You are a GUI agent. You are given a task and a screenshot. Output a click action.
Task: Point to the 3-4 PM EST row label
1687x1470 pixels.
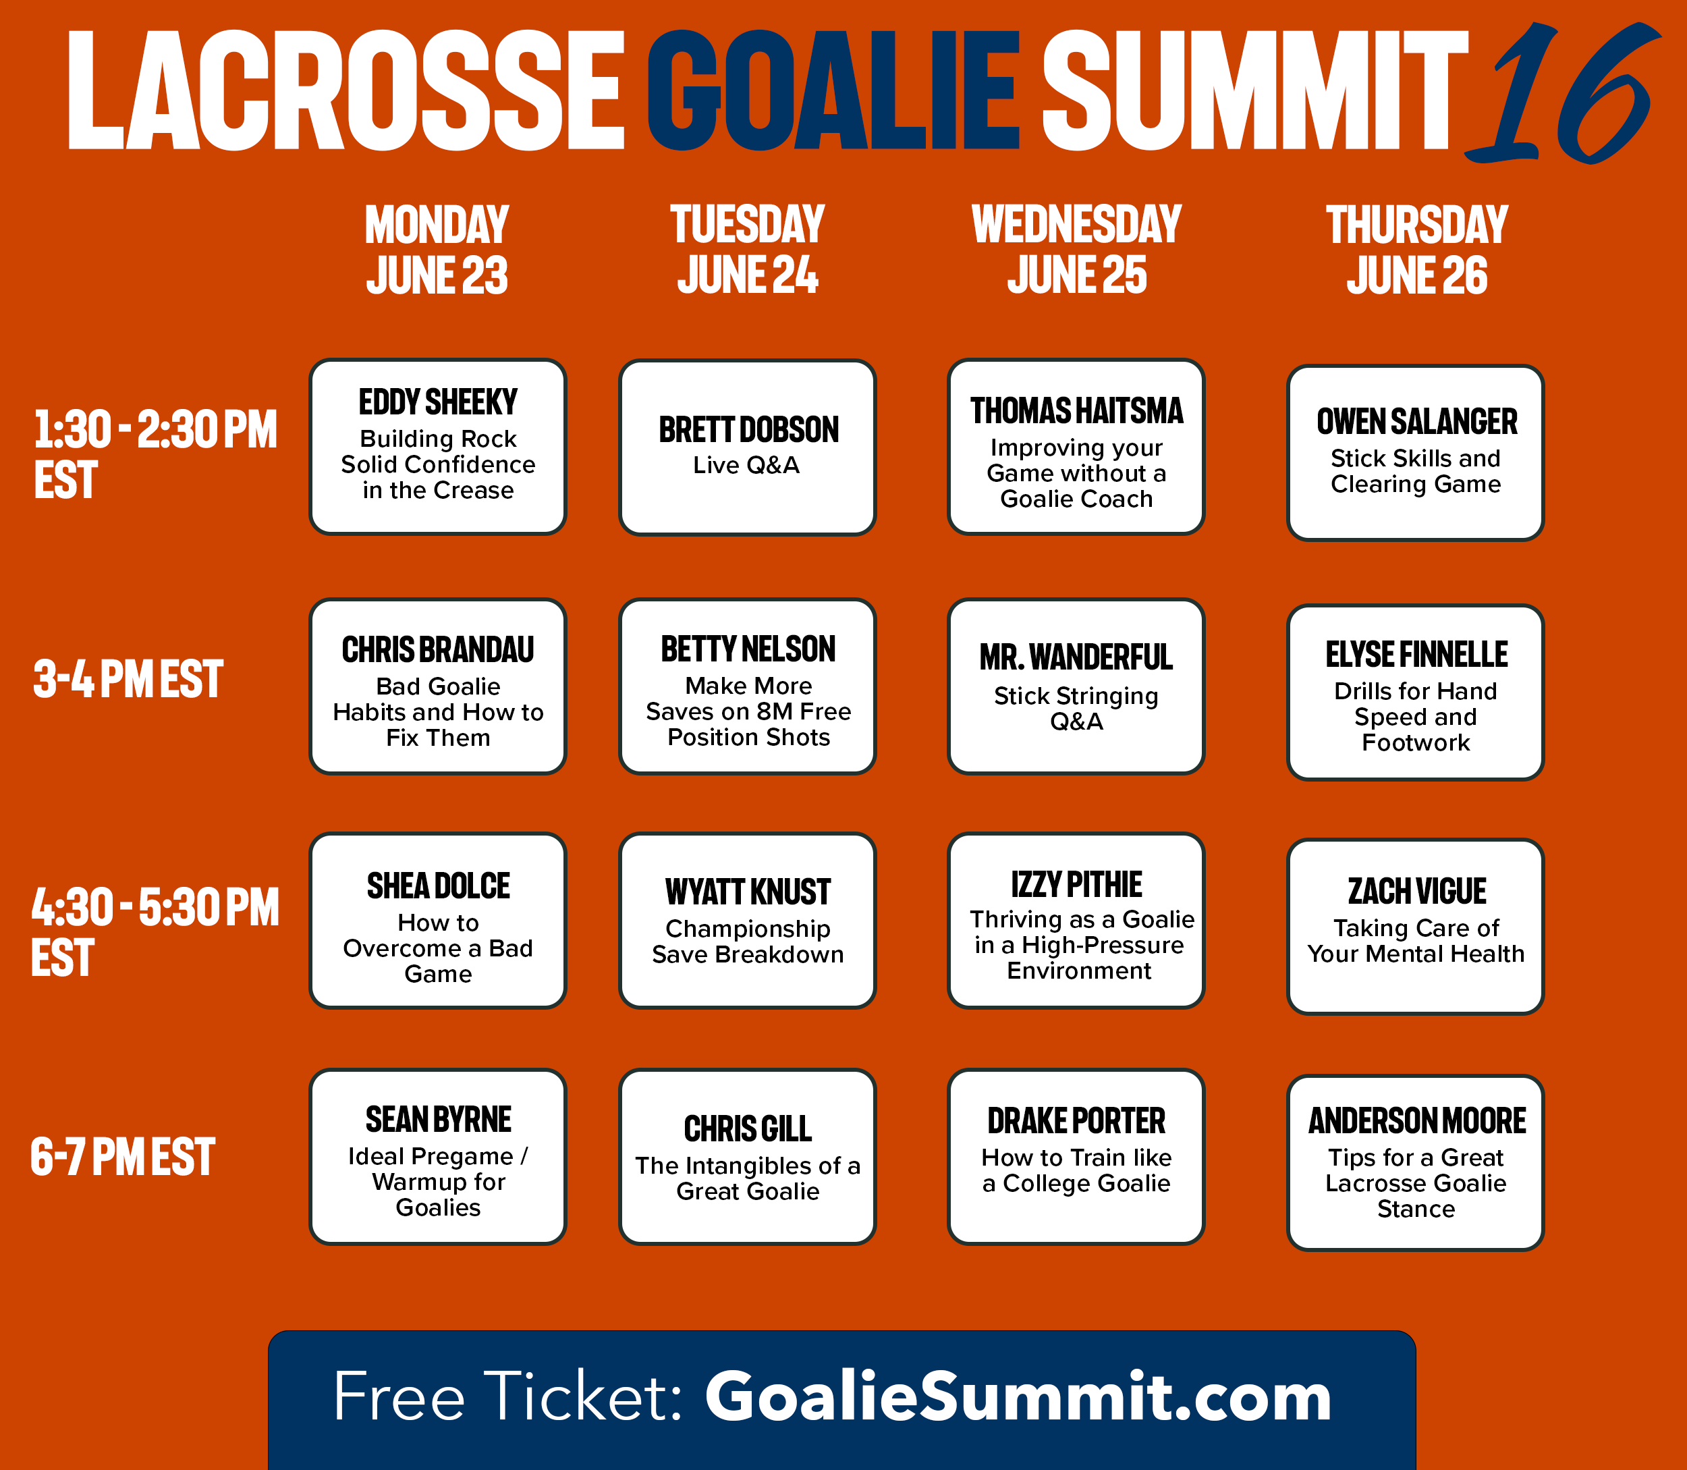click(x=128, y=678)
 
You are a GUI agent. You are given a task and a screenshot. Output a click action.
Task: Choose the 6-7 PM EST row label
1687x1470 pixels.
click(x=123, y=1157)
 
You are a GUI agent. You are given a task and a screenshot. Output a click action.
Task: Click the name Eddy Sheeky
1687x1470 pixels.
click(x=438, y=402)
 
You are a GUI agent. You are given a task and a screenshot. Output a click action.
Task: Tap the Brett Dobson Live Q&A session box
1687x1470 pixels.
click(x=747, y=447)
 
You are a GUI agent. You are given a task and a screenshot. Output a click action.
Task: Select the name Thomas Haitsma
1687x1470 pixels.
click(x=1076, y=411)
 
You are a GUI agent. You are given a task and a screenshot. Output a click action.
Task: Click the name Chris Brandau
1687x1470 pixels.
click(x=438, y=650)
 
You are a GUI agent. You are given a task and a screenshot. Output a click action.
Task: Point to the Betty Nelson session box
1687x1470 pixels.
click(x=747, y=686)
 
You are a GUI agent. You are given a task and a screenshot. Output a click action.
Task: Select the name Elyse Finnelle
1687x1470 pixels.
click(x=1416, y=655)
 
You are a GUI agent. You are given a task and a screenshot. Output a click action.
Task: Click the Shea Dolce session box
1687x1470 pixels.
click(x=438, y=921)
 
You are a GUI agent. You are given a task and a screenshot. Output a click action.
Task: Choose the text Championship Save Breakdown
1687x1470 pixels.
click(x=747, y=941)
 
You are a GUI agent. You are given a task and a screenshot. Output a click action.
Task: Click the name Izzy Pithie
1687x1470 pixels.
click(x=1076, y=885)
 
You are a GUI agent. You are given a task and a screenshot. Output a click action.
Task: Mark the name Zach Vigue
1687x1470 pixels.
click(x=1416, y=891)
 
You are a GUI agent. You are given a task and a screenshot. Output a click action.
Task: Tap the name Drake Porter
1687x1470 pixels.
click(x=1076, y=1120)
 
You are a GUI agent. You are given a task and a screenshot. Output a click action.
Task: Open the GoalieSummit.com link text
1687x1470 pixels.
click(x=1018, y=1396)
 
